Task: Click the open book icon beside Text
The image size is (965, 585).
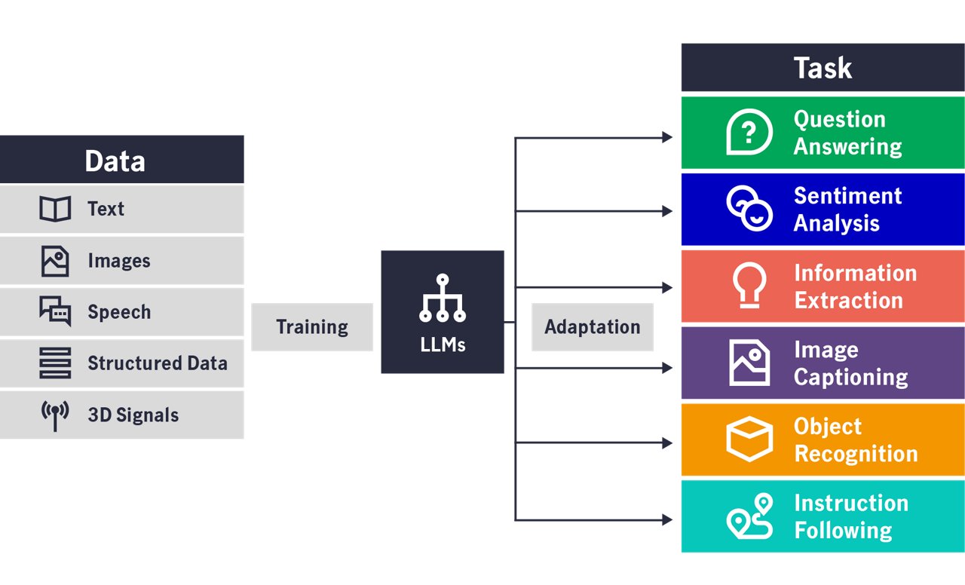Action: pyautogui.click(x=55, y=209)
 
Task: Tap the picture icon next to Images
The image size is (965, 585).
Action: pyautogui.click(x=55, y=261)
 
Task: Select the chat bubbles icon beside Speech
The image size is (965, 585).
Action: pyautogui.click(x=55, y=311)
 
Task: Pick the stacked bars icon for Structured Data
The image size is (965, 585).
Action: pyautogui.click(x=55, y=363)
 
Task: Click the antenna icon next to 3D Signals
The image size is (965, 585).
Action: pyautogui.click(x=55, y=415)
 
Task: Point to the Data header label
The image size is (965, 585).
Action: pyautogui.click(x=115, y=161)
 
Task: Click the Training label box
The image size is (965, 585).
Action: pyautogui.click(x=312, y=327)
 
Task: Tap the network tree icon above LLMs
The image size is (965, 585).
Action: pyautogui.click(x=443, y=299)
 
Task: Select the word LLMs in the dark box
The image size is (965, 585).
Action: pyautogui.click(x=443, y=345)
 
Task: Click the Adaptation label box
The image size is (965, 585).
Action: pyautogui.click(x=593, y=327)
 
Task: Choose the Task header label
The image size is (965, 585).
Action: pyautogui.click(x=823, y=68)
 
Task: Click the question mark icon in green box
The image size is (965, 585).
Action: pyautogui.click(x=749, y=133)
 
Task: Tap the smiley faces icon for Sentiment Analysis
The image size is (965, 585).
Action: pyautogui.click(x=749, y=209)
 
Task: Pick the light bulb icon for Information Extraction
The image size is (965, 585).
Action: pyautogui.click(x=749, y=286)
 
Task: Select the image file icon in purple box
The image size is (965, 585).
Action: pyautogui.click(x=749, y=363)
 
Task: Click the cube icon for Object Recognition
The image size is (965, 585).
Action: pyautogui.click(x=749, y=440)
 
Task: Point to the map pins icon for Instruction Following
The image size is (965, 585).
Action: pyautogui.click(x=749, y=516)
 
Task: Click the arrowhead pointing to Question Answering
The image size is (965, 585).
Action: pyautogui.click(x=667, y=137)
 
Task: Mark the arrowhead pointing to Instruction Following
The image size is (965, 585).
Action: pyautogui.click(x=667, y=520)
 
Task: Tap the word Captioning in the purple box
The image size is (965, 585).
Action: pyautogui.click(x=850, y=376)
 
